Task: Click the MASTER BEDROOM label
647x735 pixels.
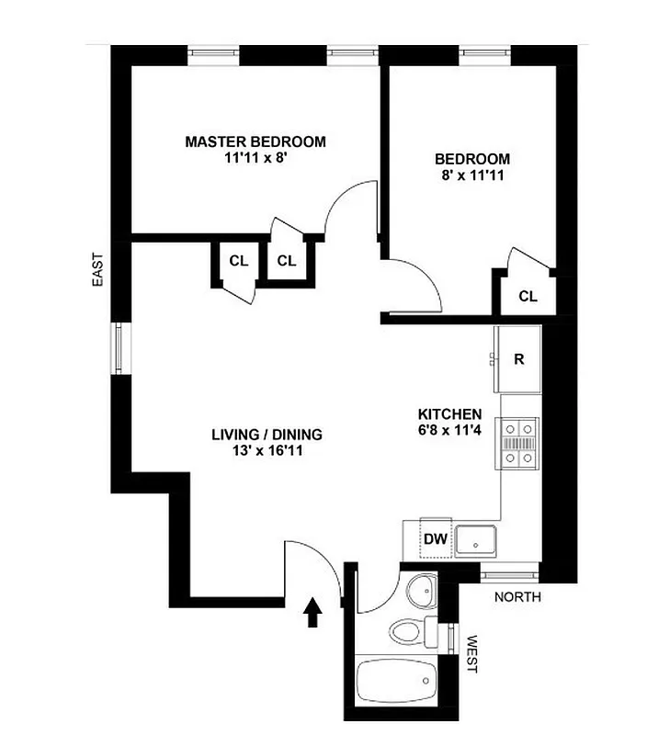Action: pos(255,141)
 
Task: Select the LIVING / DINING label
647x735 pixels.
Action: pos(267,435)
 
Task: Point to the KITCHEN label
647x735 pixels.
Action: pos(449,413)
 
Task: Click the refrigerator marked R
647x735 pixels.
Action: pos(518,359)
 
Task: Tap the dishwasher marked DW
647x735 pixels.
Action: pos(435,539)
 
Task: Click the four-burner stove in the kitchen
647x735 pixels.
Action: pos(518,445)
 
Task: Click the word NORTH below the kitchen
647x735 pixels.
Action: pos(517,597)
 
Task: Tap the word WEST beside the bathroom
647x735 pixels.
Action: pos(473,653)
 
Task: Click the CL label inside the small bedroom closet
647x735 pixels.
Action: pos(527,296)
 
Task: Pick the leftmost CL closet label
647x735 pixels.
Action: pos(239,261)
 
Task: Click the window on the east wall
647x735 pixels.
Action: pos(121,348)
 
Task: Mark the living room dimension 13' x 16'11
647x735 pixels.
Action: pos(267,451)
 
